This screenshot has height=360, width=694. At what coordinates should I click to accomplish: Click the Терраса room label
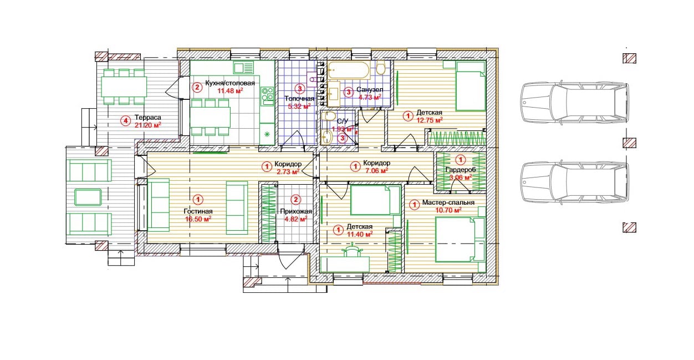[148, 118]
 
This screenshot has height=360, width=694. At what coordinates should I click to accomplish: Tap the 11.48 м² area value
[230, 90]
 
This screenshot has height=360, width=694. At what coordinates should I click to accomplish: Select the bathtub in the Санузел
[349, 70]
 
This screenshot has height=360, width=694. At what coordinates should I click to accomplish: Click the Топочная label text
[299, 99]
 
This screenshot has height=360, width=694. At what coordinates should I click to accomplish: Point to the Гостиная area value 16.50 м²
[198, 219]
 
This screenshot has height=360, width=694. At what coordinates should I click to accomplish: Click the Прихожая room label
[296, 211]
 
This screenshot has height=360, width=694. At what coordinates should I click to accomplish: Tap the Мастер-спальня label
[448, 202]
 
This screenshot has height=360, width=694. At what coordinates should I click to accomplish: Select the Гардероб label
[461, 170]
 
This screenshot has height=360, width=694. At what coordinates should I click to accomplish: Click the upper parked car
[575, 102]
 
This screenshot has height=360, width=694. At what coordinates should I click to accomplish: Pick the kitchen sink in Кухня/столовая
[243, 68]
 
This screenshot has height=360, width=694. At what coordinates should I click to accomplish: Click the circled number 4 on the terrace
[125, 120]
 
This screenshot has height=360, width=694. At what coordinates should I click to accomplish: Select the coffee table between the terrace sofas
[88, 197]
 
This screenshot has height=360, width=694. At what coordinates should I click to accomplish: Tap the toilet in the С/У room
[328, 116]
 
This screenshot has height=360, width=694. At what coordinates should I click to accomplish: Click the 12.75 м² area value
[430, 120]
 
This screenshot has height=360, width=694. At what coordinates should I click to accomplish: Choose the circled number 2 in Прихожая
[295, 200]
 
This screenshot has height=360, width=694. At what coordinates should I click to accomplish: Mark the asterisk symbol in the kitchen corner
[267, 134]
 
